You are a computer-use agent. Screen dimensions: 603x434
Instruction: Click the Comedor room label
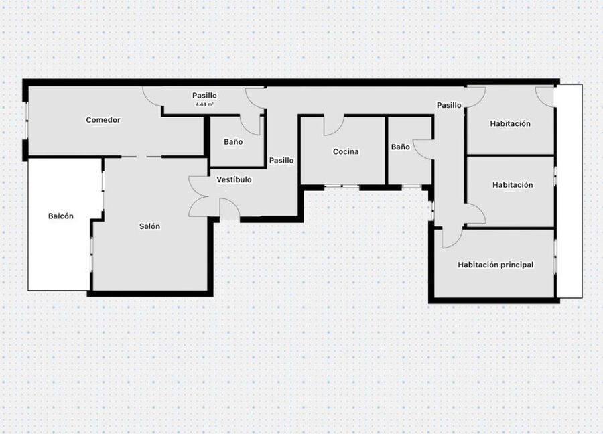(x=103, y=120)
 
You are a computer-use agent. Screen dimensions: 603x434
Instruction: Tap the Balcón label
(x=61, y=216)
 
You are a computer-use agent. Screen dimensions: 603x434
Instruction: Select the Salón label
(x=149, y=226)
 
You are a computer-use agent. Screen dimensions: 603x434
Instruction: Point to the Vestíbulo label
(x=234, y=179)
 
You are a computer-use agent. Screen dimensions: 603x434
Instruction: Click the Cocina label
(x=346, y=152)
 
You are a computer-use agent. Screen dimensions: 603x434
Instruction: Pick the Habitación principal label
(x=495, y=265)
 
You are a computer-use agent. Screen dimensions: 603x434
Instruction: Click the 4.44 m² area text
(x=204, y=104)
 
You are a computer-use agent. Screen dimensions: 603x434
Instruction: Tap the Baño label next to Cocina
(x=401, y=147)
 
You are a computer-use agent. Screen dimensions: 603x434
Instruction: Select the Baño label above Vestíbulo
(x=233, y=142)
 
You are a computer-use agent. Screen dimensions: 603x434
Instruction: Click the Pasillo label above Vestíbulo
(x=281, y=160)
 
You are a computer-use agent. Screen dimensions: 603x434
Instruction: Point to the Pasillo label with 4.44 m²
(x=204, y=95)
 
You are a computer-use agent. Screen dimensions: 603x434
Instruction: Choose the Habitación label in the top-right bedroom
(x=510, y=123)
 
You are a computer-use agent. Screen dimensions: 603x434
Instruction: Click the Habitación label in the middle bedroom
(x=513, y=185)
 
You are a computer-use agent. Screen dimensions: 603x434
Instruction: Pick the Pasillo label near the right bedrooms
(x=449, y=105)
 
